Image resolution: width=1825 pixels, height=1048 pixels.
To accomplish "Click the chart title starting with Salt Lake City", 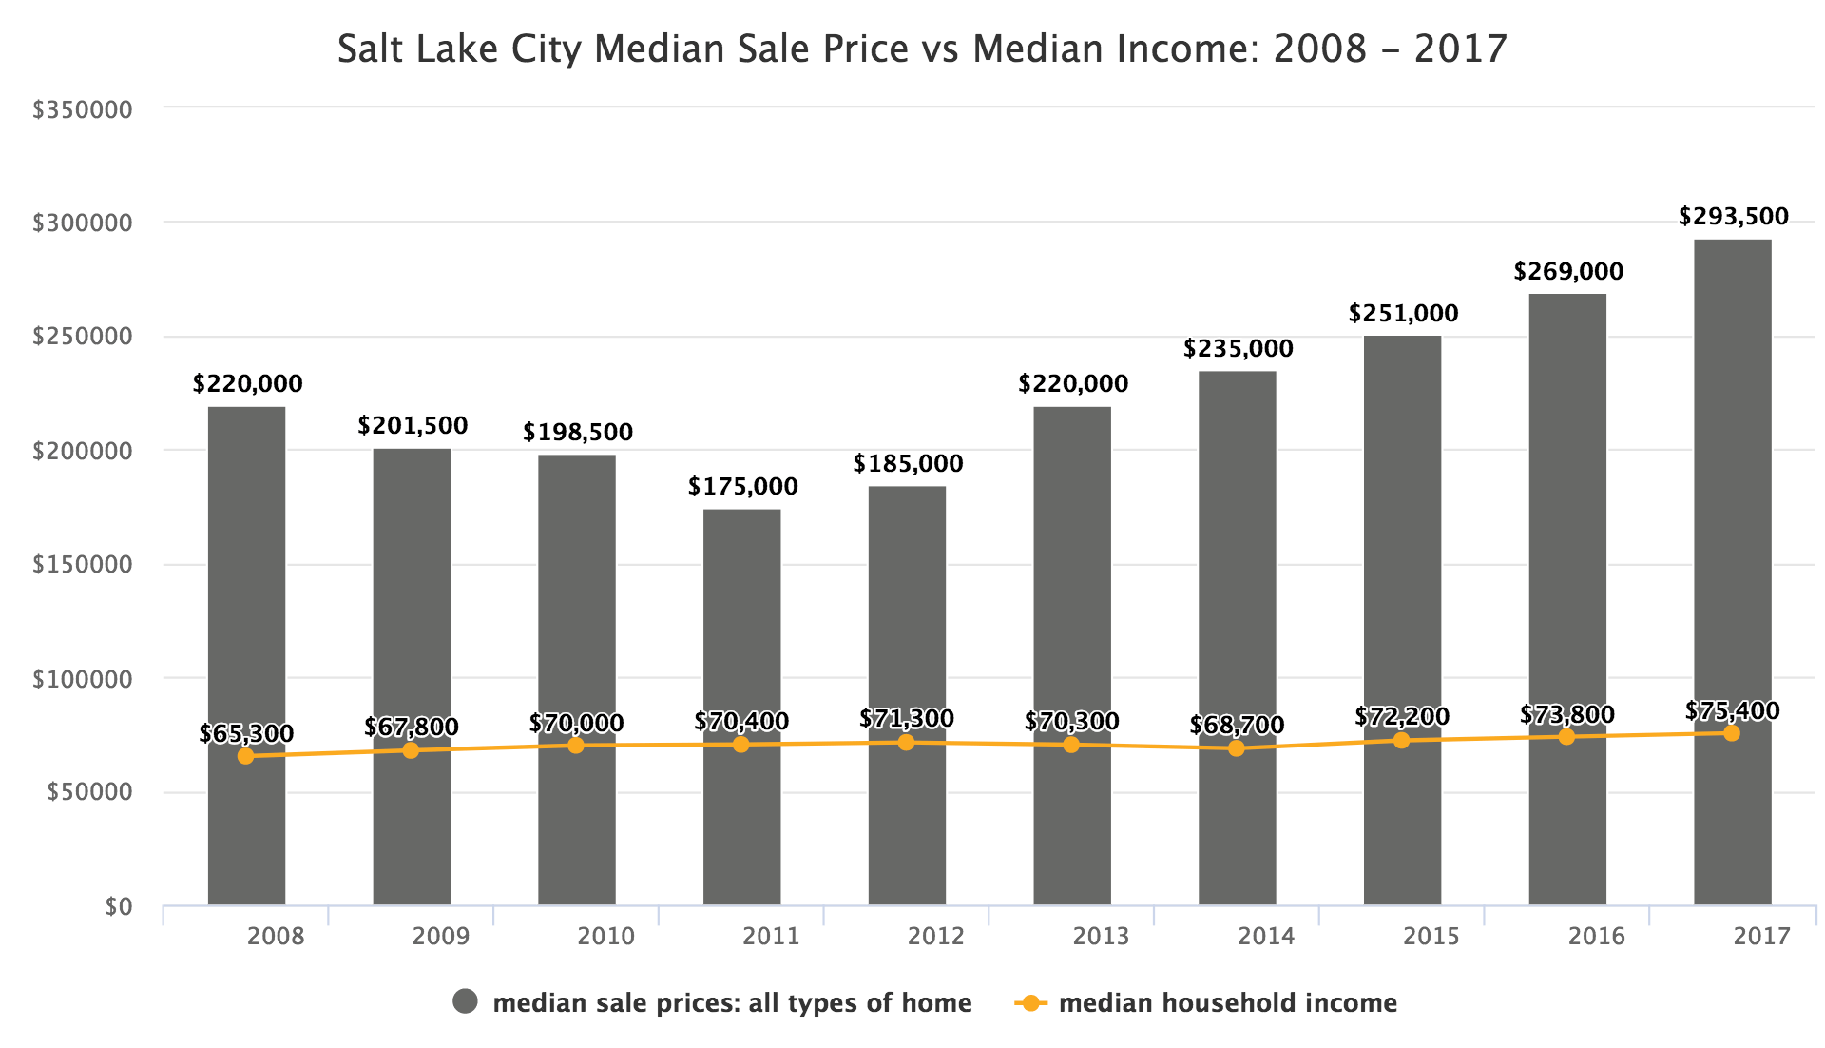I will tap(922, 49).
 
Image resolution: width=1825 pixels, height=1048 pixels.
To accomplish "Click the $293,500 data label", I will tap(1733, 217).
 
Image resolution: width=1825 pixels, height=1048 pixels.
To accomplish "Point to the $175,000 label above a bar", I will tap(742, 487).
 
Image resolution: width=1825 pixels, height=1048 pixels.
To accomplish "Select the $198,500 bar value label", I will tap(577, 433).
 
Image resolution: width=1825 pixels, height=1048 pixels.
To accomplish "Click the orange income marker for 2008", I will tap(245, 756).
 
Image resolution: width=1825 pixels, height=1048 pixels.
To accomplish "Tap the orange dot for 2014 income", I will tap(1236, 748).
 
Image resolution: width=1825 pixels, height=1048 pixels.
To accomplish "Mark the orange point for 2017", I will tap(1731, 733).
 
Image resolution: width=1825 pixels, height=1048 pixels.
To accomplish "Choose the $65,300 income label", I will tap(246, 734).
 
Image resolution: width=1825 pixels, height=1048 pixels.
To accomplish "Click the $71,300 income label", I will tap(906, 719).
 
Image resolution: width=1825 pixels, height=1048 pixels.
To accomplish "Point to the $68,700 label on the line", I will tap(1236, 726).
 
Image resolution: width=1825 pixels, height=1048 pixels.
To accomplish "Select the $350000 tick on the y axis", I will tap(83, 110).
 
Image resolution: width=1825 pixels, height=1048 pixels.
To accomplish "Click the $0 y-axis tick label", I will tap(118, 907).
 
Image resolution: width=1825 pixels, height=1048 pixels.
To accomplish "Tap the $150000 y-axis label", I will tap(83, 565).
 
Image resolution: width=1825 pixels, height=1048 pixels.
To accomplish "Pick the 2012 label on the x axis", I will tap(935, 937).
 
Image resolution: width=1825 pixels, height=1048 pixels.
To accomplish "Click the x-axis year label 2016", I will tap(1596, 937).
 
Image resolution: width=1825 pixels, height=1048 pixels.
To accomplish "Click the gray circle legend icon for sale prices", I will tap(466, 1002).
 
